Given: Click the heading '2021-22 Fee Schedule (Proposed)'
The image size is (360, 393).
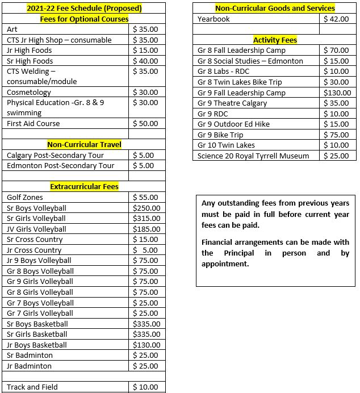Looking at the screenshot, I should click(x=84, y=9).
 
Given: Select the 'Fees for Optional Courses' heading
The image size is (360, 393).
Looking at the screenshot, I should click(x=84, y=19).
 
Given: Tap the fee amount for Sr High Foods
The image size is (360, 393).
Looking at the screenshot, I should click(x=145, y=61).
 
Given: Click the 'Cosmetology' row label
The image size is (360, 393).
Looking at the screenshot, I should click(x=29, y=92).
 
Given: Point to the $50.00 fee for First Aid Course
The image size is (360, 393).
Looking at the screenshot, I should click(x=145, y=123).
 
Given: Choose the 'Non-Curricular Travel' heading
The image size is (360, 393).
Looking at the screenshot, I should click(x=84, y=144).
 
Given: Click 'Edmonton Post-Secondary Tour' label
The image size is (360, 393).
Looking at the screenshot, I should click(x=61, y=165).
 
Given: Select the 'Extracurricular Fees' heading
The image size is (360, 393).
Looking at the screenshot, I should click(x=84, y=186).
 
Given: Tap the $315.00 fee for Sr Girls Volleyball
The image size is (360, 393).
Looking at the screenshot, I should click(x=146, y=218).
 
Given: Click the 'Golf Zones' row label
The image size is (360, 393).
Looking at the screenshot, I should click(x=25, y=197).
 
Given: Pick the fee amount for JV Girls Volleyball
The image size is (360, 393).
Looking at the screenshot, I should click(x=146, y=229).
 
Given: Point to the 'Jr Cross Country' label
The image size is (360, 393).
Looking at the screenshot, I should click(x=34, y=250).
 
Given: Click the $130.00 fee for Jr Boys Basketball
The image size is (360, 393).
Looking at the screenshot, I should click(x=146, y=345).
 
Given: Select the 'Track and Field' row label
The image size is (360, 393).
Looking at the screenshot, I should click(x=32, y=387).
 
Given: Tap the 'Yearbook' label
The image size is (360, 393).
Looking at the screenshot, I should click(x=214, y=19).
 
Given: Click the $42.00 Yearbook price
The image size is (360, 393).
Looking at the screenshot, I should click(x=336, y=19).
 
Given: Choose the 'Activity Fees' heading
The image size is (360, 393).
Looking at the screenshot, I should click(x=275, y=40).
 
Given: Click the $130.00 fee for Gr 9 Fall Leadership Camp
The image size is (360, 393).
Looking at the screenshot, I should click(x=337, y=93).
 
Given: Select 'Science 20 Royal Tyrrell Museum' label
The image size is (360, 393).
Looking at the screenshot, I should click(x=253, y=156).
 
